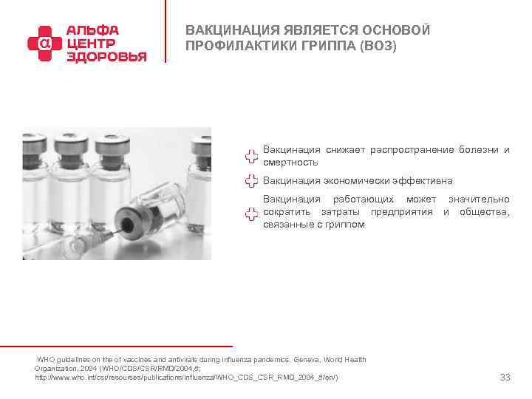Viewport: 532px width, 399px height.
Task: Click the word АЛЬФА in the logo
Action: [92, 30]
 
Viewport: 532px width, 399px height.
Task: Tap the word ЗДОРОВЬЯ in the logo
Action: [106, 56]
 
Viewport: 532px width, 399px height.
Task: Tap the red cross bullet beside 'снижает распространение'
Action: [251, 157]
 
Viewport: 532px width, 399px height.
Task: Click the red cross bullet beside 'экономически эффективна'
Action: [251, 181]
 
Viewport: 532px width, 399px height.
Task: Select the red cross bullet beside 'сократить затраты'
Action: [251, 213]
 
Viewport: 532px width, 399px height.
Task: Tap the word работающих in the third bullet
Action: [364, 199]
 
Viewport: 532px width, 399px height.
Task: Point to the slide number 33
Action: [505, 378]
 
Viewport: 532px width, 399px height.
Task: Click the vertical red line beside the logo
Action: [166, 33]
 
